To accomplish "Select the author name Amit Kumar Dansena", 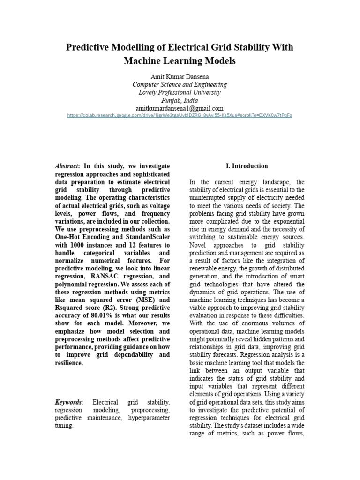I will coord(180,76).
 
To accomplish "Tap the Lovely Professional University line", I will coord(180,92).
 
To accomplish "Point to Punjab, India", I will coord(180,100).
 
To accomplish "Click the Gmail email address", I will coord(180,108).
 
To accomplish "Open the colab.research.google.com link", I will coord(180,115).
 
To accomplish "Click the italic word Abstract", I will coord(67,166).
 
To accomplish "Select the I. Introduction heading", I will coord(247,166).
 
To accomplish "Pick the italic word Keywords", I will coord(68,402).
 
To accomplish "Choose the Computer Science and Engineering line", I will coord(180,84).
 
